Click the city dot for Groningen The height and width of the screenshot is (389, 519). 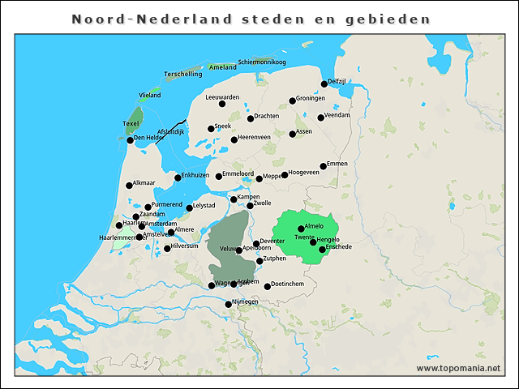[293, 101]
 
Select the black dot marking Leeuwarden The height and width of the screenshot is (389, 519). [222, 104]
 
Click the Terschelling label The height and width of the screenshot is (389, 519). [182, 74]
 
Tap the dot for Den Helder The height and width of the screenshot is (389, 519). [130, 140]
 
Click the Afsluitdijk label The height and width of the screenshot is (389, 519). [171, 131]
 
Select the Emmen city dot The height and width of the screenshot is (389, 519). [324, 166]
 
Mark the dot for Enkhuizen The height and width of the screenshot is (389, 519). [178, 178]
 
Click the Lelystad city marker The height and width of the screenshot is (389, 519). [190, 208]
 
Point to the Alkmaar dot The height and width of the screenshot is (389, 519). [129, 186]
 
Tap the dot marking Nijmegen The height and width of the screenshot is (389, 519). [229, 305]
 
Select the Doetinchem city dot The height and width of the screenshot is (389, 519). [268, 286]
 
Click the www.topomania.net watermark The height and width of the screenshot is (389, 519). [458, 368]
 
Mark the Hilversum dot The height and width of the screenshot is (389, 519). [167, 248]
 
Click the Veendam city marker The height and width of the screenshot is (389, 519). [320, 118]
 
